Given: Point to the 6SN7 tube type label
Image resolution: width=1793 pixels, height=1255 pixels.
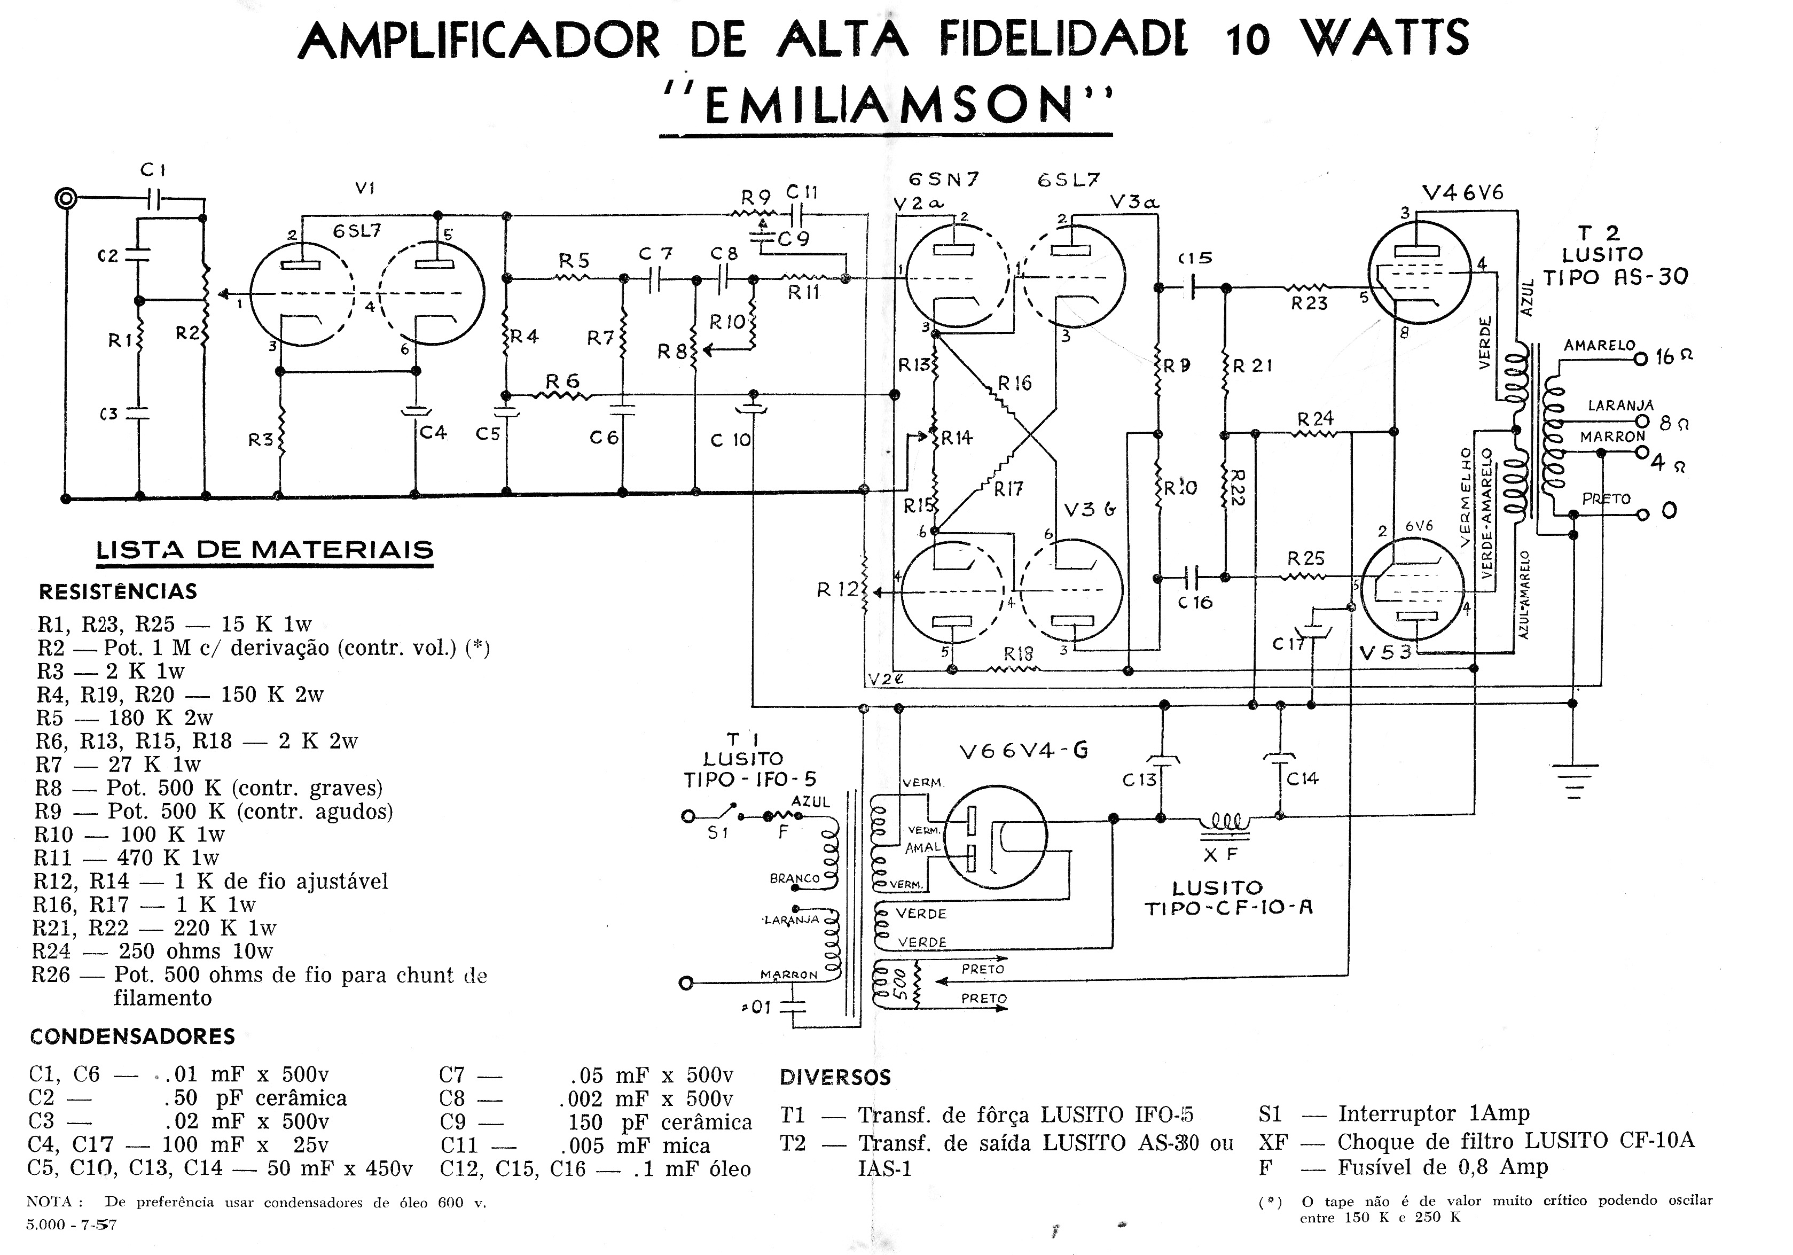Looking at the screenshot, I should pyautogui.click(x=944, y=179).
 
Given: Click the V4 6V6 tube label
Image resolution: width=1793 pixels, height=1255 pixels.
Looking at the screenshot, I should pyautogui.click(x=1462, y=192).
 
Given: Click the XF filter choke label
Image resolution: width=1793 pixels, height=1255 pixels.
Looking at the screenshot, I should pyautogui.click(x=1220, y=854).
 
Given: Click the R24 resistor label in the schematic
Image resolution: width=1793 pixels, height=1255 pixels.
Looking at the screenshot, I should pyautogui.click(x=1315, y=419).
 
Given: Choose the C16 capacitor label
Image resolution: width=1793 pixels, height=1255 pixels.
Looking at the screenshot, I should pyautogui.click(x=1195, y=602).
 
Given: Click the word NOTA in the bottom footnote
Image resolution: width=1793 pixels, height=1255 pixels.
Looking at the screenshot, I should pyautogui.click(x=49, y=1202).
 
